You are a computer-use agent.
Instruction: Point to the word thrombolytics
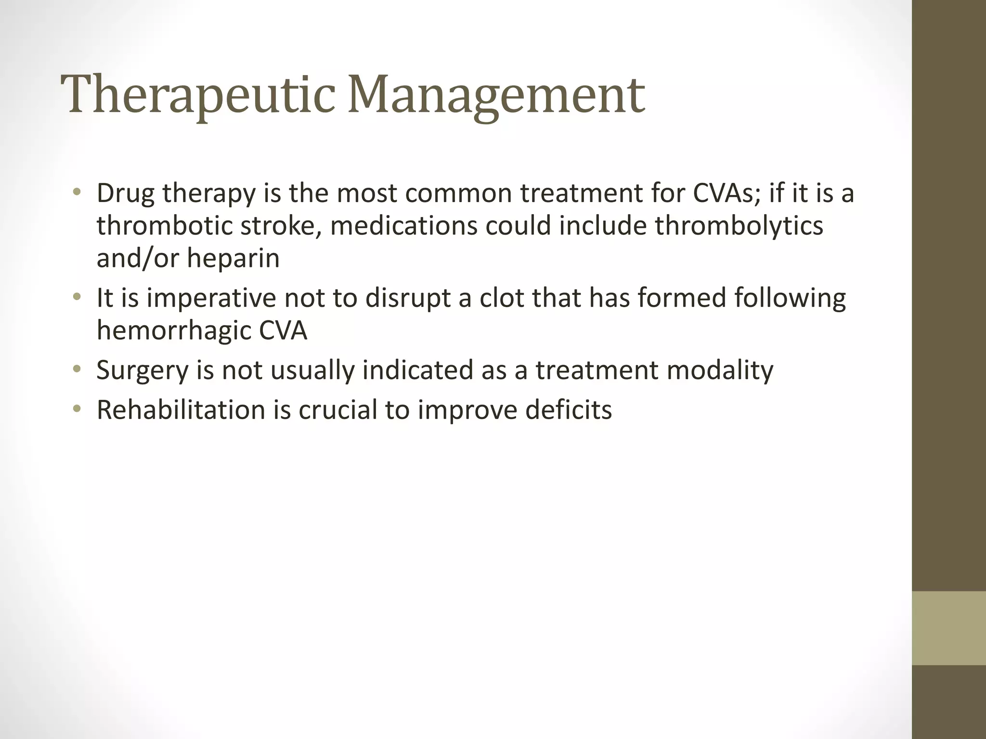[x=739, y=226]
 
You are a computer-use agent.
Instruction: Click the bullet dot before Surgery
[x=76, y=370]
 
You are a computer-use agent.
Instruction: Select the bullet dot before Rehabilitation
[x=76, y=409]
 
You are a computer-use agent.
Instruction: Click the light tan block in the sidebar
[x=948, y=628]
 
